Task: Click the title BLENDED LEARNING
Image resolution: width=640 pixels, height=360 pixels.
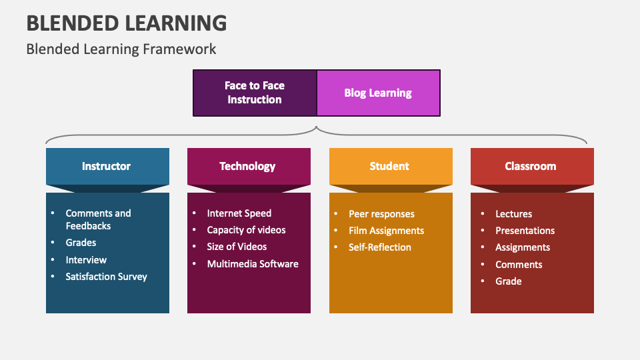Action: [x=127, y=23]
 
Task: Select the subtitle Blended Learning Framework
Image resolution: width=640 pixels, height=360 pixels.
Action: [x=121, y=49]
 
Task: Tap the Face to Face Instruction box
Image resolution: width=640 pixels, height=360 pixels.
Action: [x=255, y=93]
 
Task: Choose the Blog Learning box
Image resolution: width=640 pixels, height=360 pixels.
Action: [x=378, y=93]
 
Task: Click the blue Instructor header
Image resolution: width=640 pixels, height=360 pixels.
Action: [x=107, y=166]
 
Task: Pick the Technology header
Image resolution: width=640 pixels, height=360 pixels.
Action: [x=248, y=166]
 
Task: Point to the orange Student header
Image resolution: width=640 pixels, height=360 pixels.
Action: [x=390, y=166]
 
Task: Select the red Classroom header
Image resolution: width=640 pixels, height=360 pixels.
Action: [x=531, y=166]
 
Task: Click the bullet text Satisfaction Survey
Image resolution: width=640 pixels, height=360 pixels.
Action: [x=106, y=277]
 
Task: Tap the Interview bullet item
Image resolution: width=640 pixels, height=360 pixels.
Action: [x=86, y=260]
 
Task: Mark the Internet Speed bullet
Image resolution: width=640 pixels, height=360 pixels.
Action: [x=239, y=213]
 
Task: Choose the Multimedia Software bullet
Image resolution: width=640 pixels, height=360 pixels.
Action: [x=253, y=264]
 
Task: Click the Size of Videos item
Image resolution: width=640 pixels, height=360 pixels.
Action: [x=237, y=247]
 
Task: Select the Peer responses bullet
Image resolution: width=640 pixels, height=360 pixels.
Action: [x=381, y=214]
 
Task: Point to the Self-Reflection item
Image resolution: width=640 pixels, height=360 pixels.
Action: [x=380, y=247]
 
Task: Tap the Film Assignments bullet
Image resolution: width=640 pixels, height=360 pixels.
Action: [x=386, y=231]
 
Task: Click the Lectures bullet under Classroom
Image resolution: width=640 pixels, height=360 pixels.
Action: [x=513, y=214]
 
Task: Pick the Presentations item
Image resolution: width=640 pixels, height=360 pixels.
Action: [x=525, y=231]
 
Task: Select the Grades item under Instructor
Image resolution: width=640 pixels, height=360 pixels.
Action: [x=81, y=243]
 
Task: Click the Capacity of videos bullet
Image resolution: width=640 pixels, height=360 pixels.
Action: [x=246, y=230]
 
